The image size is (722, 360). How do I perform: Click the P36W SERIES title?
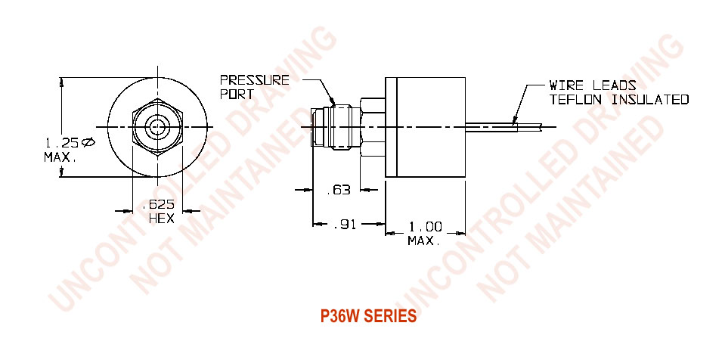[368, 316]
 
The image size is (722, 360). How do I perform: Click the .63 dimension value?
[338, 191]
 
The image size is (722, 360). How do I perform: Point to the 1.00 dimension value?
[424, 227]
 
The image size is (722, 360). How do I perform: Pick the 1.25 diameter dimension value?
[62, 142]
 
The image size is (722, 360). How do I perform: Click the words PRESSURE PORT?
[254, 87]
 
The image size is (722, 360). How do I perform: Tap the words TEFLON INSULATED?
[619, 99]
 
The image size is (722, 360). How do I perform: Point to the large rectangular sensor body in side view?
[427, 126]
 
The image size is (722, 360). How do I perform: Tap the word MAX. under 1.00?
[424, 241]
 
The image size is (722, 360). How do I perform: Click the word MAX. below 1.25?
[60, 157]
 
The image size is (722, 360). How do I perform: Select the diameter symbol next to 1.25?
[88, 141]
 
